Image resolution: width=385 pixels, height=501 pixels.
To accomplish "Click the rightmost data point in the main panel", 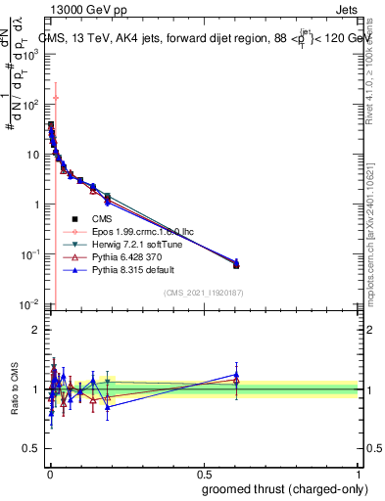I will point(235,264).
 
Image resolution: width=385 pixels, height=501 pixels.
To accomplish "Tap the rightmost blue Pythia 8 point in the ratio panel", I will point(235,375).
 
